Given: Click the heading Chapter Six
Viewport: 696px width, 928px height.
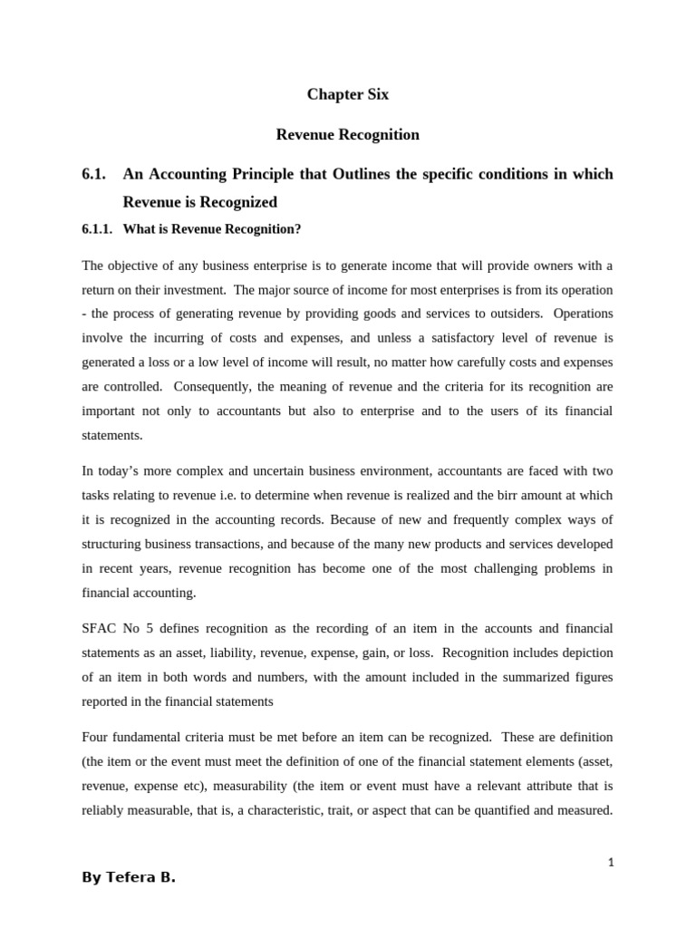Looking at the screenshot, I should pos(347,95).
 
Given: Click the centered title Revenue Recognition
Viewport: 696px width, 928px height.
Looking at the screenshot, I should pos(347,135).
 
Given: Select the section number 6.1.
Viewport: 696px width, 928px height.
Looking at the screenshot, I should pos(95,174).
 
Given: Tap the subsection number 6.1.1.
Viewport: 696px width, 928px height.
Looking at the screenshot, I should pos(97,229).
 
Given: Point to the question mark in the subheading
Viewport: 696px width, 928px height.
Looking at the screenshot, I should pos(297,229).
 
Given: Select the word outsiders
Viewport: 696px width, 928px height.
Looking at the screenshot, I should pos(513,314).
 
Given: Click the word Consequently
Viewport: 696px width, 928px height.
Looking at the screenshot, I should pos(208,387).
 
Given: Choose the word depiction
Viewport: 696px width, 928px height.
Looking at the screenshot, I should pos(585,652).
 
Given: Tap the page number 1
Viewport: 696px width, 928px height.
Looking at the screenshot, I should pos(611,863).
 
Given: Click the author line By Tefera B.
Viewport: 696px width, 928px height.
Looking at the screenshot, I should pos(128,878).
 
